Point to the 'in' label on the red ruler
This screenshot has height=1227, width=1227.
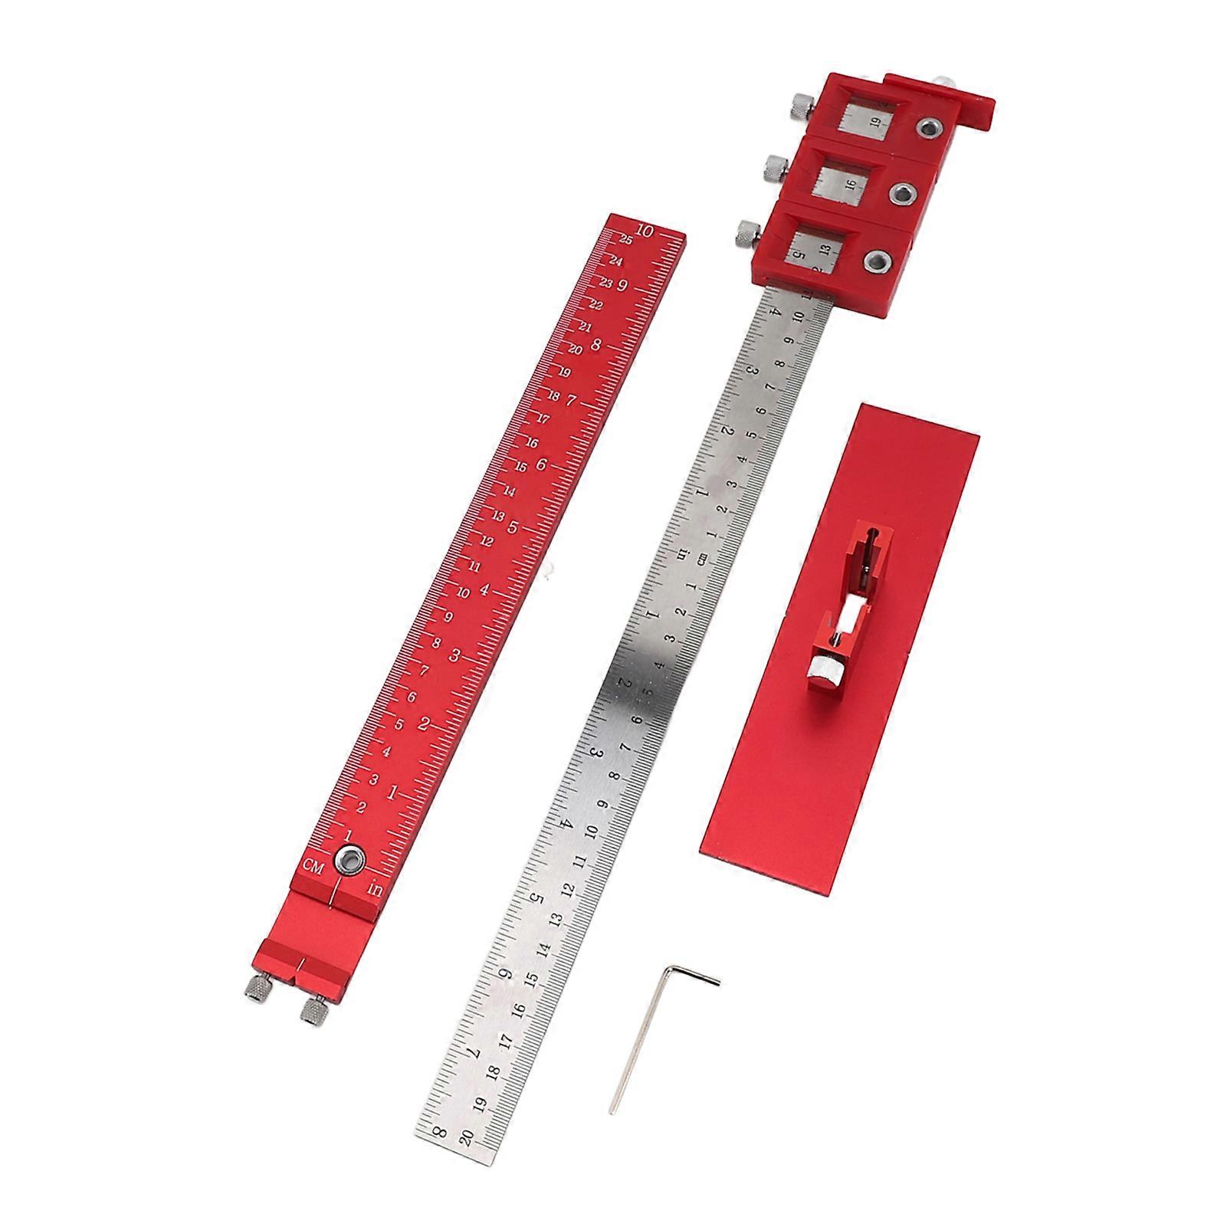pos(376,890)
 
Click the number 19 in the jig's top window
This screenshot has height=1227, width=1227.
pos(876,120)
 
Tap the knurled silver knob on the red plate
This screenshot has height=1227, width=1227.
pos(827,670)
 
